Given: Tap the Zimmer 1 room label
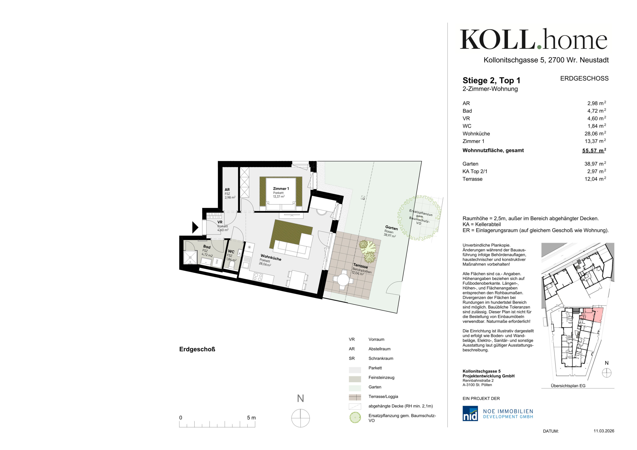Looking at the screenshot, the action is [281, 189].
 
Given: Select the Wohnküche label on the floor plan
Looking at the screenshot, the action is [271, 257].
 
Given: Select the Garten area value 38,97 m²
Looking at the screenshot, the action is [595, 164].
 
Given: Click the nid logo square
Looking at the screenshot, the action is [470, 413].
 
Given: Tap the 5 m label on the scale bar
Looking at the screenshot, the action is [251, 417].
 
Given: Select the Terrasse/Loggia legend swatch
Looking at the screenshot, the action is [355, 397].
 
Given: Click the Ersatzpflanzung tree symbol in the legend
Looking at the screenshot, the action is [355, 417].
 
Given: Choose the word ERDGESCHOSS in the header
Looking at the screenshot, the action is [584, 79].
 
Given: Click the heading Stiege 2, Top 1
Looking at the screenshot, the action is [491, 80].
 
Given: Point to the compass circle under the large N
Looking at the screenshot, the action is [300, 418].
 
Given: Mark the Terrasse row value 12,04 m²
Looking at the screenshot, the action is [595, 179].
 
